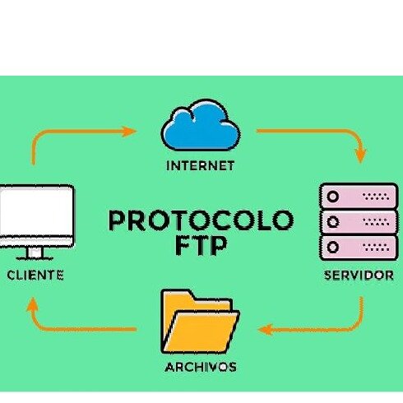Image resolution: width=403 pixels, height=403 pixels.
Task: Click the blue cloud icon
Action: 201,126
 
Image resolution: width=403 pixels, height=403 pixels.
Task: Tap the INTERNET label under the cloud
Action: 201,166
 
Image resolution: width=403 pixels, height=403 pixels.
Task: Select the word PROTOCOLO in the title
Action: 201,220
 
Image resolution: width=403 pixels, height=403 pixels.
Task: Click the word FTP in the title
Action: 201,245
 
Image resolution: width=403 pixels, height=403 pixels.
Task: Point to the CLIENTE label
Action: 35,276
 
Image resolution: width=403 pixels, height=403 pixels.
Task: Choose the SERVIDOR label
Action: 359,276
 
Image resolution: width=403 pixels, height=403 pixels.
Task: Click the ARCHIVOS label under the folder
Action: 201,367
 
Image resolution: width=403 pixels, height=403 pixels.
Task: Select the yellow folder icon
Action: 200,322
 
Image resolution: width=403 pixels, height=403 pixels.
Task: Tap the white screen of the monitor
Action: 36,211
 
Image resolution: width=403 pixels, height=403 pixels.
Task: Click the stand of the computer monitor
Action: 35,253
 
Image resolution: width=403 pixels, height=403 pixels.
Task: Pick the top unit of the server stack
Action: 359,197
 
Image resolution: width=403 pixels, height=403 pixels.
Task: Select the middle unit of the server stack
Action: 359,221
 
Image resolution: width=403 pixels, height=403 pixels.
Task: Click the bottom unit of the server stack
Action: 359,248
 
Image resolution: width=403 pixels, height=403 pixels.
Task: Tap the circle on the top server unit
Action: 333,197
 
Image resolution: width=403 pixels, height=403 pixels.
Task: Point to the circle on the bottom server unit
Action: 333,247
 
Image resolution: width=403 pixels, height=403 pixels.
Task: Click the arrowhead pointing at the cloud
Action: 128,132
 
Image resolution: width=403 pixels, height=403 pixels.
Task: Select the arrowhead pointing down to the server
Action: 361,155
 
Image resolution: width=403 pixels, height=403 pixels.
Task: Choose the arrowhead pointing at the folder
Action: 266,329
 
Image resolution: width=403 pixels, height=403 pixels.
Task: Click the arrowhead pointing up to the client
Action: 32,304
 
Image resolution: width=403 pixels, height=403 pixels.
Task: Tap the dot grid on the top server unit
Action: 376,197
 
